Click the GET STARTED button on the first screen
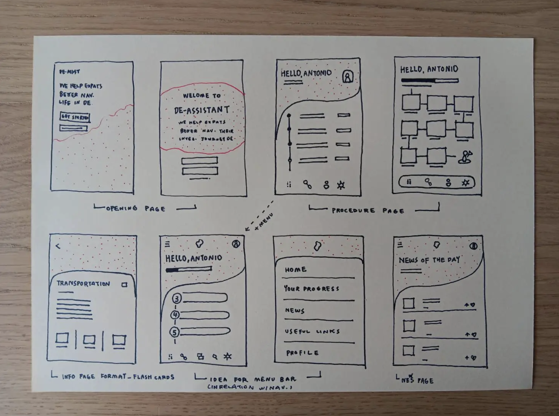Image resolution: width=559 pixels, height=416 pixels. (x=75, y=117)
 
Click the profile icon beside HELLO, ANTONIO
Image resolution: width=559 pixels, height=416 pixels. (x=347, y=77)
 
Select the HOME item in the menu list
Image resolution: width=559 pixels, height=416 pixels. (x=296, y=269)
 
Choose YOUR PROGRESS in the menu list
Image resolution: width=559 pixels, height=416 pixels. (x=311, y=289)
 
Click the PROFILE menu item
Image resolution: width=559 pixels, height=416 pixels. (x=302, y=353)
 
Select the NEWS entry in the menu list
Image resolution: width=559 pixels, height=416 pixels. (x=295, y=311)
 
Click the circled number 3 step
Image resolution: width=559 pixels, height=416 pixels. (x=176, y=298)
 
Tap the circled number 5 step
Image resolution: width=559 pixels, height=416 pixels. (x=175, y=332)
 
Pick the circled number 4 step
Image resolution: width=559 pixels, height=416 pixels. (x=175, y=315)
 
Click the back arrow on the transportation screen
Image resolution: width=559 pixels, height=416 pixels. (x=58, y=246)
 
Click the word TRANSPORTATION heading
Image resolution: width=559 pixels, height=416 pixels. (x=83, y=284)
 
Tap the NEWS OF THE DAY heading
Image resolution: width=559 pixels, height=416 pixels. (x=429, y=260)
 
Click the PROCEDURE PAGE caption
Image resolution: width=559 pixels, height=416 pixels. (x=367, y=210)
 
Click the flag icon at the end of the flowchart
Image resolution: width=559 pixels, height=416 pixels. (x=464, y=157)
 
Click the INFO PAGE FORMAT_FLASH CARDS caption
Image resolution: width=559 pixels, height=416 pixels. (x=118, y=377)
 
